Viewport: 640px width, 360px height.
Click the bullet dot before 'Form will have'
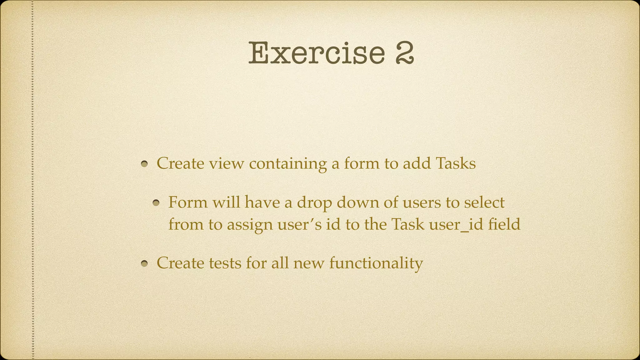pyautogui.click(x=156, y=203)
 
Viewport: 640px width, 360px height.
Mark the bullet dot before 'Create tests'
pyautogui.click(x=144, y=264)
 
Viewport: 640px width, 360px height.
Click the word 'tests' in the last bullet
pyautogui.click(x=225, y=263)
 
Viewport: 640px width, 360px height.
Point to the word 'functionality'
pyautogui.click(x=376, y=263)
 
